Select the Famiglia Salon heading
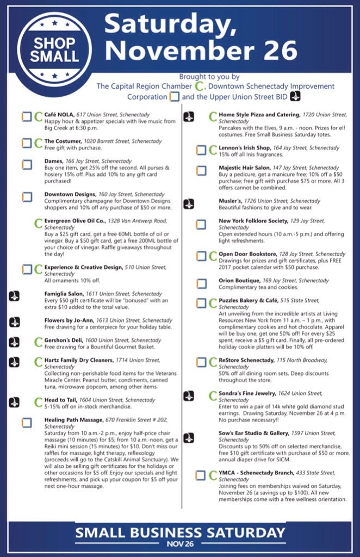pos(64,293)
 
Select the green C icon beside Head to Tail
pos(38,402)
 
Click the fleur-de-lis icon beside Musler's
pos(189,203)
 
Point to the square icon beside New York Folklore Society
pos(201,224)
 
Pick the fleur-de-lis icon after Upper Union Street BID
pos(295,96)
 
